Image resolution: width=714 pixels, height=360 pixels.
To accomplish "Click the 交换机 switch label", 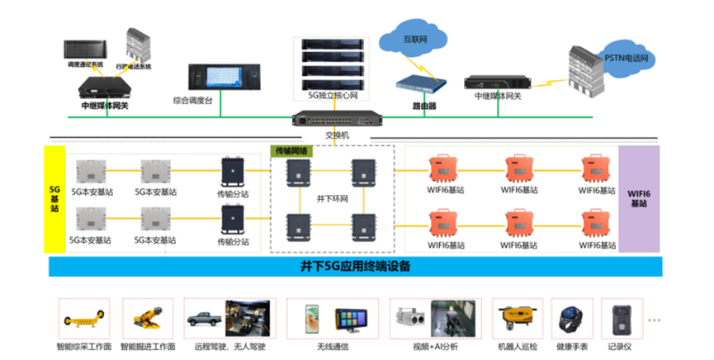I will pyautogui.click(x=338, y=135).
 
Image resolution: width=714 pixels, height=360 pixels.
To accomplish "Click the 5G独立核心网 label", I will pyautogui.click(x=333, y=96).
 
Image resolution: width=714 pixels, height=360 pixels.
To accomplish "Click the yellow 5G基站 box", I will pyautogui.click(x=54, y=199).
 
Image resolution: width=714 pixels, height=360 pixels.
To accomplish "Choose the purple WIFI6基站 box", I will pyautogui.click(x=639, y=198).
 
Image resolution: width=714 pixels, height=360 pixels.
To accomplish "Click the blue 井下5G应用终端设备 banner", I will pyautogui.click(x=355, y=266).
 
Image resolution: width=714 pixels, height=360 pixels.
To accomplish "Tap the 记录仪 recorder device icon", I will pyautogui.click(x=619, y=316).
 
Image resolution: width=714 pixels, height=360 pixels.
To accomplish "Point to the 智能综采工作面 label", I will pyautogui.click(x=84, y=347).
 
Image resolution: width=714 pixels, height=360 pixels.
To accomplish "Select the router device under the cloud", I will pyautogui.click(x=420, y=83).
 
